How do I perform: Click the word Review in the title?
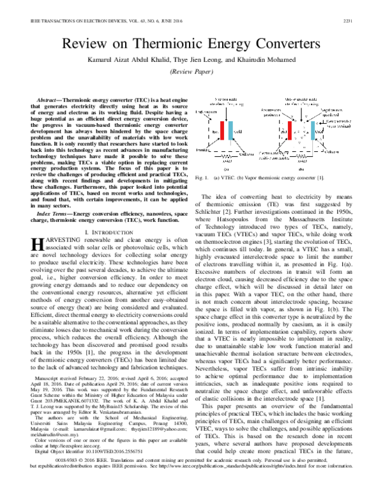(84, 43)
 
